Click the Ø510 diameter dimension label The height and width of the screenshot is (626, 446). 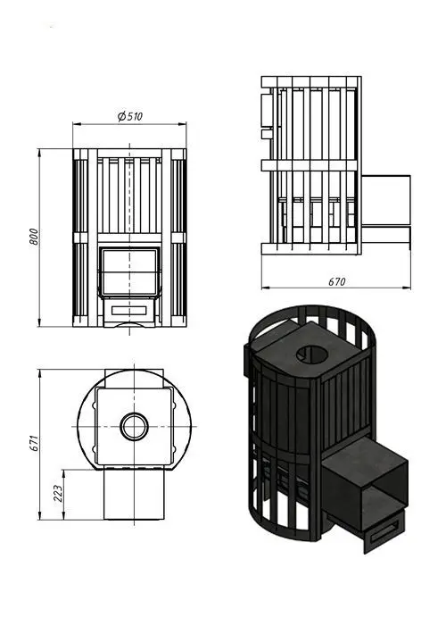(130, 116)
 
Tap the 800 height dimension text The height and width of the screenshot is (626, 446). (34, 237)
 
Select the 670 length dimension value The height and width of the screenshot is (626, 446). (336, 281)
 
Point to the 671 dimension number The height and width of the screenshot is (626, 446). (34, 443)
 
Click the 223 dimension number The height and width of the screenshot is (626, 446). (58, 494)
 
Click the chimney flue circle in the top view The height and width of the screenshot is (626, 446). (135, 426)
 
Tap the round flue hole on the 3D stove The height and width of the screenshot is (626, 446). (312, 354)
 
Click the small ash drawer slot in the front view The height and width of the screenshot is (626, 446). (128, 310)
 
